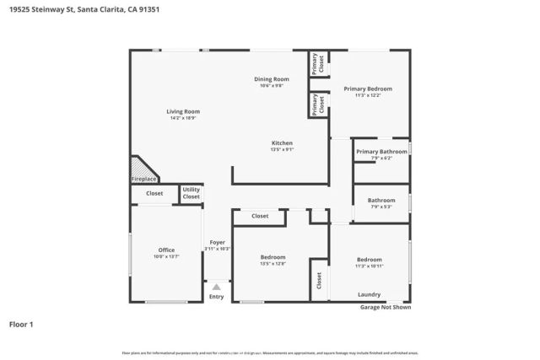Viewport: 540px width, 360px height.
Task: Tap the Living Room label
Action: [182, 111]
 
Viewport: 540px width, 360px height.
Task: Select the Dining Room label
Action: [272, 79]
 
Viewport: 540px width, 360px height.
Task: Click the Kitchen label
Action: [281, 142]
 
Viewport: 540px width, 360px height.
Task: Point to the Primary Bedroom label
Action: [367, 89]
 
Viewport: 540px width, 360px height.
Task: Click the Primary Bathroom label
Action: [381, 152]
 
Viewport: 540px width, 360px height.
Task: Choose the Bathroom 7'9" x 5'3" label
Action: [380, 201]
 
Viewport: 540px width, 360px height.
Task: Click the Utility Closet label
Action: [192, 193]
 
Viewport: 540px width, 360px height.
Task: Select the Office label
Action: [166, 250]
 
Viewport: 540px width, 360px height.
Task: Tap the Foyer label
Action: [217, 243]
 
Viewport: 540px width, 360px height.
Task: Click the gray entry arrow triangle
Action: [216, 287]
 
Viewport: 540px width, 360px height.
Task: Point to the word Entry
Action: [216, 297]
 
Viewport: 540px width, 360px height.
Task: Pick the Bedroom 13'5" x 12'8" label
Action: [273, 257]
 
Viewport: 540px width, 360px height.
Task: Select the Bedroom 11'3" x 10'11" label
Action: [369, 260]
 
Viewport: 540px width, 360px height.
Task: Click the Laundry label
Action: [369, 295]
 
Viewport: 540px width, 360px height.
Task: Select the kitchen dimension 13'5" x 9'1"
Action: [282, 150]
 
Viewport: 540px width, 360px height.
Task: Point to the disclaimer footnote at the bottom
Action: [270, 352]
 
